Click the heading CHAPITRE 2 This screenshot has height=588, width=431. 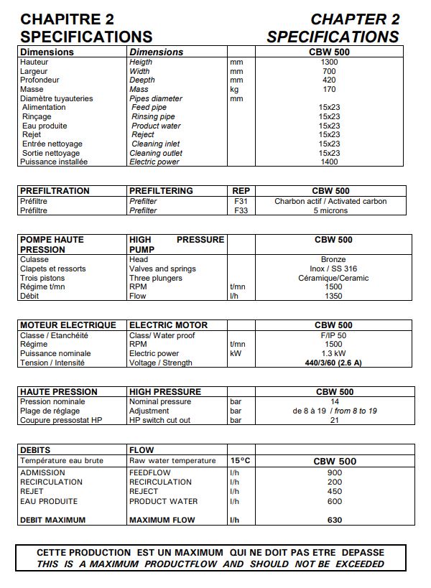(68, 19)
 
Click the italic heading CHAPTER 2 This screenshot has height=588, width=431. (354, 19)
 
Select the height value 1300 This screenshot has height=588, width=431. (329, 62)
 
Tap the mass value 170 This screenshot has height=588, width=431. (329, 90)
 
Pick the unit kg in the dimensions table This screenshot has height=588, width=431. (234, 90)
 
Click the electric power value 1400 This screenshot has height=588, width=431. (329, 162)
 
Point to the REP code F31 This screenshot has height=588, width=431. (241, 202)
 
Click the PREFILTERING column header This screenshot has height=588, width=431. (161, 191)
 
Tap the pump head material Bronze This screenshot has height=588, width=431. (333, 259)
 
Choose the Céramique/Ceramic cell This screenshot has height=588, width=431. (333, 278)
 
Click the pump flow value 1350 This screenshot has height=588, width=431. (333, 296)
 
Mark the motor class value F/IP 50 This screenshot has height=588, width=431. (333, 335)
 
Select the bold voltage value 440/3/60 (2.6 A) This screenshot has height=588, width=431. (333, 363)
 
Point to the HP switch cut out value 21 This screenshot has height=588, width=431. (335, 421)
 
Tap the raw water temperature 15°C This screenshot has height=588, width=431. (239, 460)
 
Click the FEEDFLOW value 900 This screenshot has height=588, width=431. (335, 473)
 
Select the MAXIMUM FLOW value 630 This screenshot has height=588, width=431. (335, 520)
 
